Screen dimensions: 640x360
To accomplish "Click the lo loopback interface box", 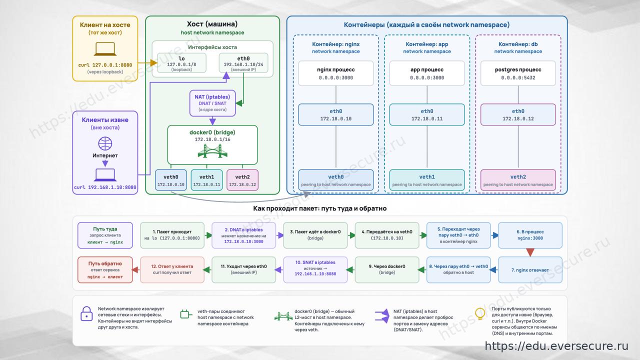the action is (181, 63).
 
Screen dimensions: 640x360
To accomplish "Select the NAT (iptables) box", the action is (212, 103).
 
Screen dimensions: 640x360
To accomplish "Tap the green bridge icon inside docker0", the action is (212, 151).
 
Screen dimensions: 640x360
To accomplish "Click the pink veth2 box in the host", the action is (242, 180).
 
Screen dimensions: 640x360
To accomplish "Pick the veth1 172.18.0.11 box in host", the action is (206, 180).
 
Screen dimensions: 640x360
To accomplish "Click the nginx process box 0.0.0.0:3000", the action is (335, 73).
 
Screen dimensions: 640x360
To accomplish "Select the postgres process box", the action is (518, 73).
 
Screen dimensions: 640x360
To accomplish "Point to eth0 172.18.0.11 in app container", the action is (427, 114).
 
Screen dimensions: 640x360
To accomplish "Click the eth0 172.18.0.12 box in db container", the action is (518, 114).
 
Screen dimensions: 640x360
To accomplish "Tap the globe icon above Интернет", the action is (105, 143).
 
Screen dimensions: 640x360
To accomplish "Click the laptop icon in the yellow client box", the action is (105, 49).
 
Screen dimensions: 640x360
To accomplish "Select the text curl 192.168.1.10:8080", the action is (105, 187).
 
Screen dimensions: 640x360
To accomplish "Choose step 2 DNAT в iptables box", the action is (243, 235).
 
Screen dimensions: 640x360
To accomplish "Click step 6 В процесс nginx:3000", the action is (530, 235).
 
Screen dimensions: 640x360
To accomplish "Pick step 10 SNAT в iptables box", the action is (315, 269).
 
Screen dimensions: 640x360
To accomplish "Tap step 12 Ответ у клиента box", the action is (172, 269).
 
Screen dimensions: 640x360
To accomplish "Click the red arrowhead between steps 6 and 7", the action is (530, 252).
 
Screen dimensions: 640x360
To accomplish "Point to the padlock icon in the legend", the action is (86, 313).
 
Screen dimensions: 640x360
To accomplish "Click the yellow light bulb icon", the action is (480, 313).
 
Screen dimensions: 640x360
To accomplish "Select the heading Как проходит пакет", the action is (319, 208).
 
